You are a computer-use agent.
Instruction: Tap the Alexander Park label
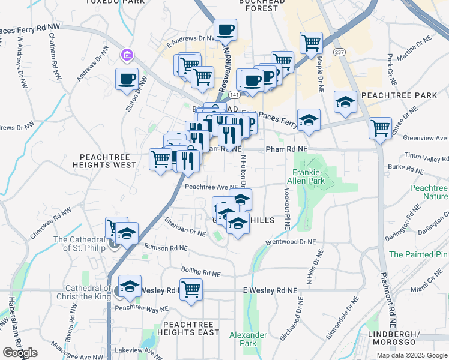click(x=248, y=339)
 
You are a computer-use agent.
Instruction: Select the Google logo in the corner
click(x=19, y=353)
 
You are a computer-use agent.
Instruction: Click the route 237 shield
click(x=339, y=52)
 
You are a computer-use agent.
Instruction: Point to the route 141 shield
click(x=234, y=95)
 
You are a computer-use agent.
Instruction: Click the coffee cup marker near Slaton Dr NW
click(x=127, y=79)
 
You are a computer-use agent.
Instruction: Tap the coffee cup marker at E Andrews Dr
click(x=226, y=29)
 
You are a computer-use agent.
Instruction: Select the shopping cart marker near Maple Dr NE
click(x=311, y=43)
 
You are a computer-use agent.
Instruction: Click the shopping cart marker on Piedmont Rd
click(x=380, y=127)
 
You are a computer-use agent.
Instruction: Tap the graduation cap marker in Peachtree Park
click(x=346, y=103)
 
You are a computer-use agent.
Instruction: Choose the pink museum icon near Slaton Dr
click(x=127, y=56)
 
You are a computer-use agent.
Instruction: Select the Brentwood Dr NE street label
click(x=291, y=242)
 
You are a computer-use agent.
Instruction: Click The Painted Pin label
click(x=418, y=254)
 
